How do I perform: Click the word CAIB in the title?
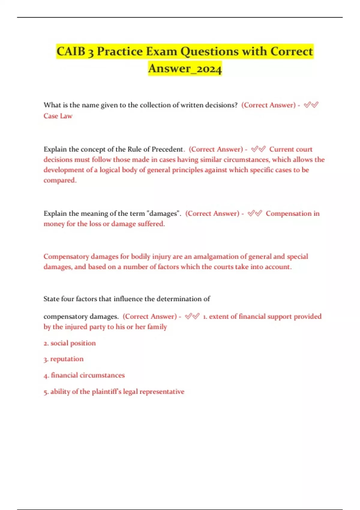point(71,51)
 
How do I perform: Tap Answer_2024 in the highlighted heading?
point(185,68)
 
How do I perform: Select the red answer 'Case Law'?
point(58,116)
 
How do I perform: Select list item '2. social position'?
point(70,343)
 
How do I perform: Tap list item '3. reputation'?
point(64,359)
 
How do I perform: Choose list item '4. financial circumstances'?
point(84,375)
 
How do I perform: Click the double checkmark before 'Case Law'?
point(311,105)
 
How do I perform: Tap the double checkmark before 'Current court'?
point(258,149)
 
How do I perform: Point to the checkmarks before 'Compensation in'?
point(254,213)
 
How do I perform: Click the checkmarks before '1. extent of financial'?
point(192,316)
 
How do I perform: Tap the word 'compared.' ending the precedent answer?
point(60,180)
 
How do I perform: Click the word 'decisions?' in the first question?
point(221,105)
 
